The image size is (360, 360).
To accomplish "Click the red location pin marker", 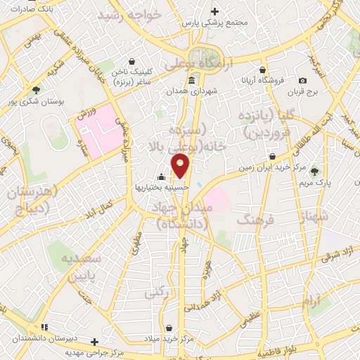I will pyautogui.click(x=181, y=166).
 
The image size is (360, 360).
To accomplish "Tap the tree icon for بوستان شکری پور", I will pyautogui.click(x=36, y=89).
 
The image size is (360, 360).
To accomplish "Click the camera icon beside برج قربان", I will pyautogui.click(x=302, y=80).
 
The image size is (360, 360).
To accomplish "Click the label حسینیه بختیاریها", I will pyautogui.click(x=162, y=188).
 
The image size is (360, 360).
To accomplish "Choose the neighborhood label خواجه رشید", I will pyautogui.click(x=129, y=14).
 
